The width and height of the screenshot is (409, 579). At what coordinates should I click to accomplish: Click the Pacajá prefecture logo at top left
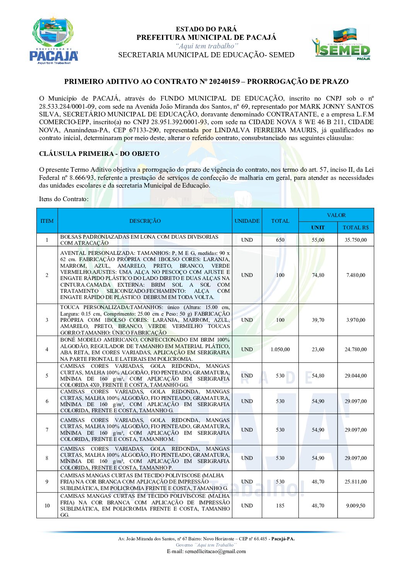(x=54, y=41)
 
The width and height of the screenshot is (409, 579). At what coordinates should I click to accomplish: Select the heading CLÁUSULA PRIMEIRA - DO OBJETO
(x=99, y=154)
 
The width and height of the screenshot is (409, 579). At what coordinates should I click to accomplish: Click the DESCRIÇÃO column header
(x=145, y=221)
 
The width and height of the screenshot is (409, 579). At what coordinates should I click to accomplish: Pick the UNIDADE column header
(x=247, y=221)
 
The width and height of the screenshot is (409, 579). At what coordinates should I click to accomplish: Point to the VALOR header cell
(x=336, y=215)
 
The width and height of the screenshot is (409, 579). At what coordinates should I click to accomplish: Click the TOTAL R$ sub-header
(x=356, y=227)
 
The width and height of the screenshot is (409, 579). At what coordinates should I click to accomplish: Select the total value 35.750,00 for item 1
(x=356, y=240)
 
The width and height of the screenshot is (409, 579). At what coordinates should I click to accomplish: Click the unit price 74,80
(x=318, y=275)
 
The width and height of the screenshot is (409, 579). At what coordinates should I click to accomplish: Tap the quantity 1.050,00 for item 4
(x=280, y=349)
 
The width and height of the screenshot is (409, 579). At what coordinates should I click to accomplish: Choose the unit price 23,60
(x=318, y=349)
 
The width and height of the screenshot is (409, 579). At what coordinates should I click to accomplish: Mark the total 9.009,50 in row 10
(x=356, y=506)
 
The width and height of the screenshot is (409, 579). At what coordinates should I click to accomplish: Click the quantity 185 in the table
(x=280, y=506)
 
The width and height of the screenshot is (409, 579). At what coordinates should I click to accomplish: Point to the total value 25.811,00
(x=356, y=482)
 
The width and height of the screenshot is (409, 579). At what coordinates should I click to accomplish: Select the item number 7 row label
(x=47, y=430)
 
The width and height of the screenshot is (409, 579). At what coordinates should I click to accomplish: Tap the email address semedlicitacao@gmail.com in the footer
(x=206, y=551)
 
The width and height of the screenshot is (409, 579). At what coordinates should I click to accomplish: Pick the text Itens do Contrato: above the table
(x=64, y=199)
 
